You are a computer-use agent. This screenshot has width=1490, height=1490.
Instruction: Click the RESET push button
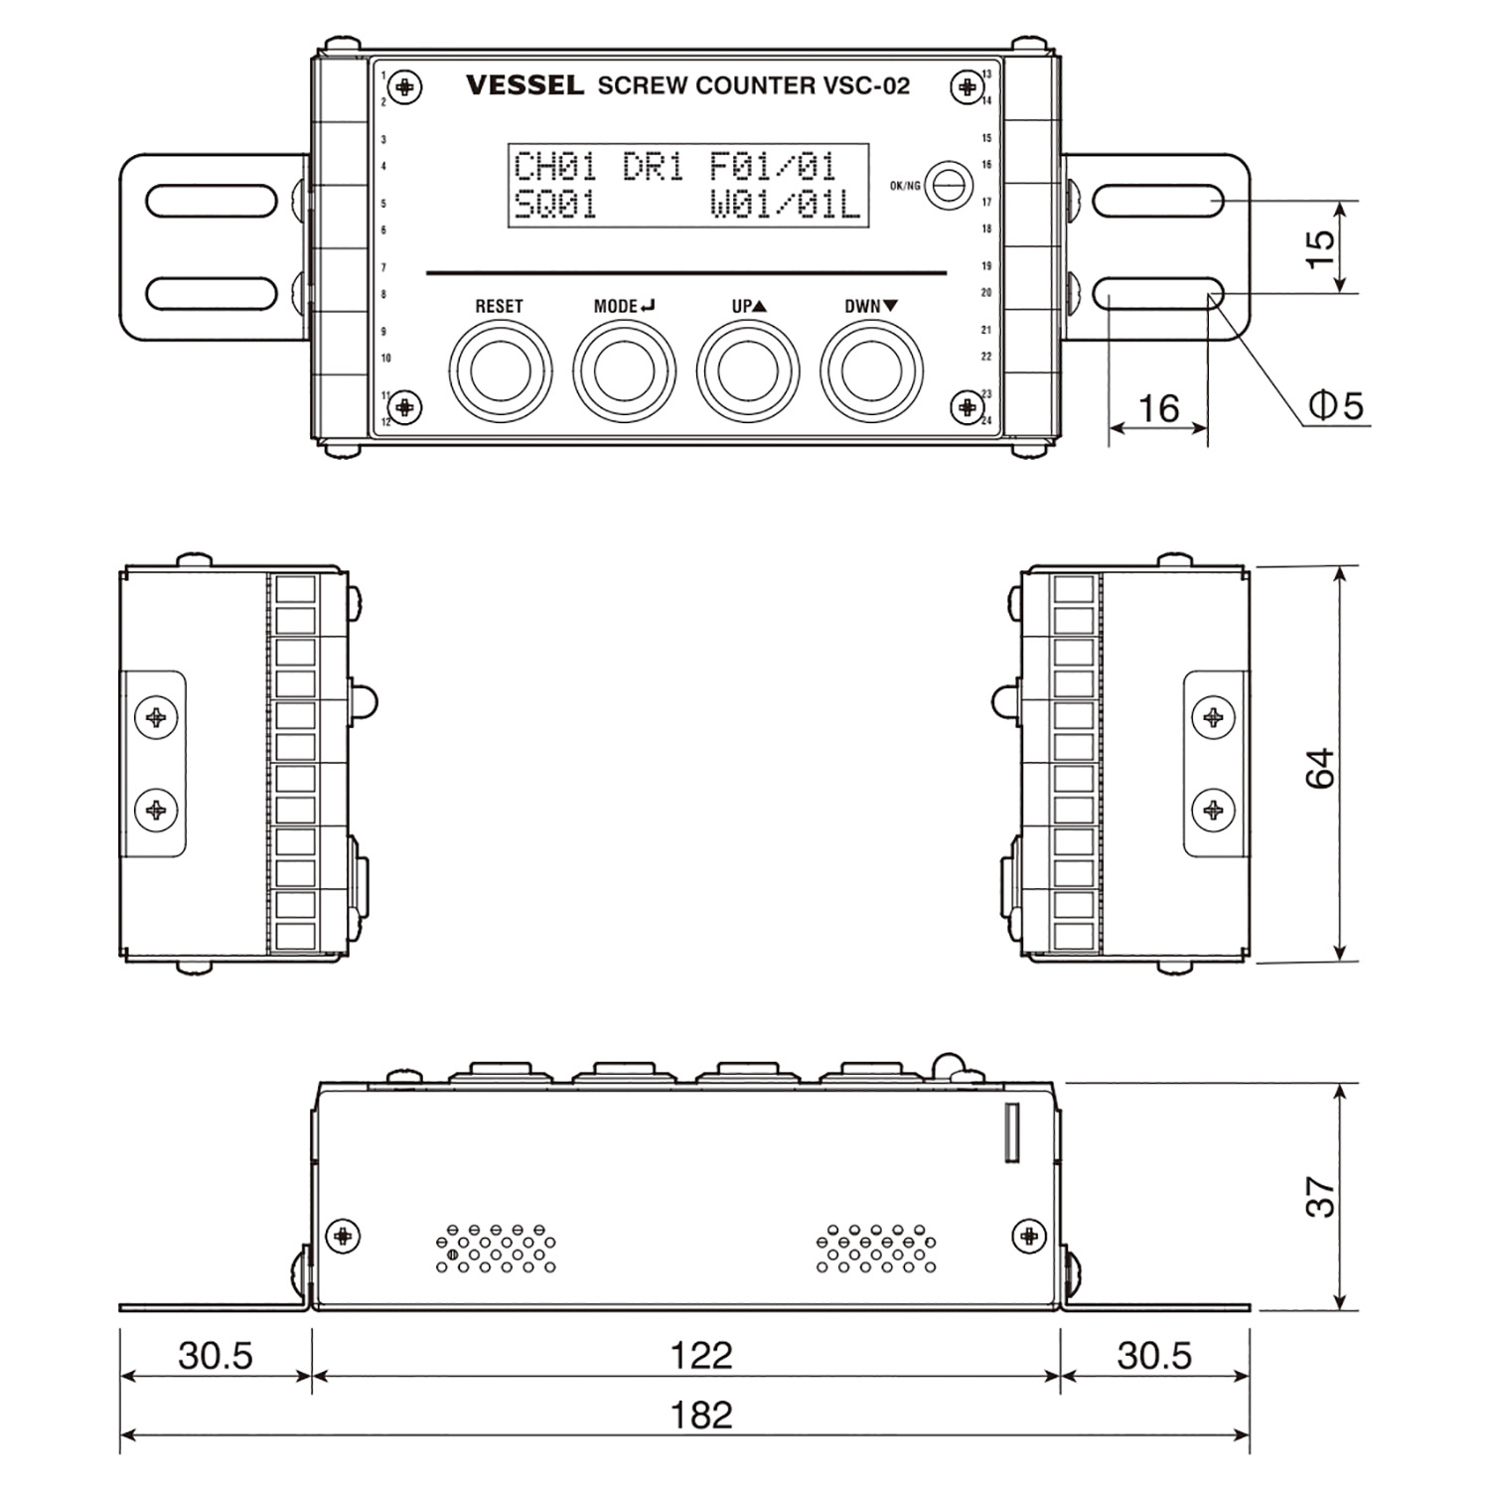click(x=500, y=371)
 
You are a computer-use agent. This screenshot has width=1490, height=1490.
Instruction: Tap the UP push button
click(x=747, y=371)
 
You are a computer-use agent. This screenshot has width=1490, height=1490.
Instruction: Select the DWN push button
click(x=871, y=371)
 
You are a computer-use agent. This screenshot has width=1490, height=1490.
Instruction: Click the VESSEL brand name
click(x=524, y=85)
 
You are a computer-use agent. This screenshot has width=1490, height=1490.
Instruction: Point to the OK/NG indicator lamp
click(x=949, y=185)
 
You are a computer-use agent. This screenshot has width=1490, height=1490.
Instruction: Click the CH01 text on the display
click(x=554, y=166)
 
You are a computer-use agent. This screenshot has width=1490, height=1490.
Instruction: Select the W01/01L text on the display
click(x=785, y=205)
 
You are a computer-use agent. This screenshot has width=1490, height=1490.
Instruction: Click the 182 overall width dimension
click(x=701, y=1415)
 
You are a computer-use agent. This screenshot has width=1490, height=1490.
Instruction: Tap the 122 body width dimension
click(x=701, y=1355)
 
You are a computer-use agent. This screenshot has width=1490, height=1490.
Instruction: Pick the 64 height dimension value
click(x=1320, y=768)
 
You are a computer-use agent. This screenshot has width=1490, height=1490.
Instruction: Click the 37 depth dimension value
click(x=1320, y=1197)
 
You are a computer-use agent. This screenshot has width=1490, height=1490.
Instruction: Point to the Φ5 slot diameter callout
click(x=1336, y=405)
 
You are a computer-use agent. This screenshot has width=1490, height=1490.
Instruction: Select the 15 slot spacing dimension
click(x=1320, y=247)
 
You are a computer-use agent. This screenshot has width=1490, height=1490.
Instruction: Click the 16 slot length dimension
click(x=1158, y=407)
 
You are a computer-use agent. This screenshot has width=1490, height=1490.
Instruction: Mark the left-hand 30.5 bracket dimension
click(x=216, y=1355)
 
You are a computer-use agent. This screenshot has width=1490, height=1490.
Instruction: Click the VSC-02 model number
click(x=866, y=85)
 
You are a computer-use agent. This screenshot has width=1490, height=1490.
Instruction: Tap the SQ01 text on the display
click(x=554, y=205)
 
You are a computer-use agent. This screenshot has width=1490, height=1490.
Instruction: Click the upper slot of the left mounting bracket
click(x=212, y=201)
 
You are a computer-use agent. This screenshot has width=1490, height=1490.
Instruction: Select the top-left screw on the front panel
click(x=404, y=87)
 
